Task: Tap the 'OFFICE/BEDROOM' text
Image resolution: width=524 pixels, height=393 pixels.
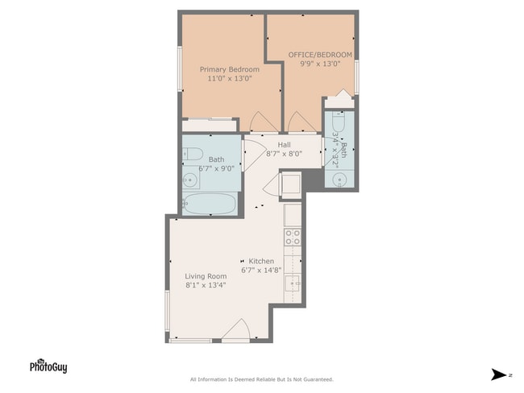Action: (320, 54)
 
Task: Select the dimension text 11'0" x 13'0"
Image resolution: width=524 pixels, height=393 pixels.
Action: (230, 79)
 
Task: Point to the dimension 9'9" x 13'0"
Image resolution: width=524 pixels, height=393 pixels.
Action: (320, 64)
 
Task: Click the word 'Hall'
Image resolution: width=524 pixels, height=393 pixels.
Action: (284, 144)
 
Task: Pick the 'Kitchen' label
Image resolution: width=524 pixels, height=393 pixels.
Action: (261, 261)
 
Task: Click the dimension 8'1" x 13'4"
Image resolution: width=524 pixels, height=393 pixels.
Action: (205, 285)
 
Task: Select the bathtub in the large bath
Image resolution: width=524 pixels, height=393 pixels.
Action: (210, 204)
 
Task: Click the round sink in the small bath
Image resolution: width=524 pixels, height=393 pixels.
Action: (339, 179)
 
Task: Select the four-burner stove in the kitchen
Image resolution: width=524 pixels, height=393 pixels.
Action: (293, 236)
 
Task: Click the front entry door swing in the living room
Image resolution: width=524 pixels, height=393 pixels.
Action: (236, 330)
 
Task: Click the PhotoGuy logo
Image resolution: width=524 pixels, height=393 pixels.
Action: (48, 366)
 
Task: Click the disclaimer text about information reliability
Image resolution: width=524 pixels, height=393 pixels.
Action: (261, 379)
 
